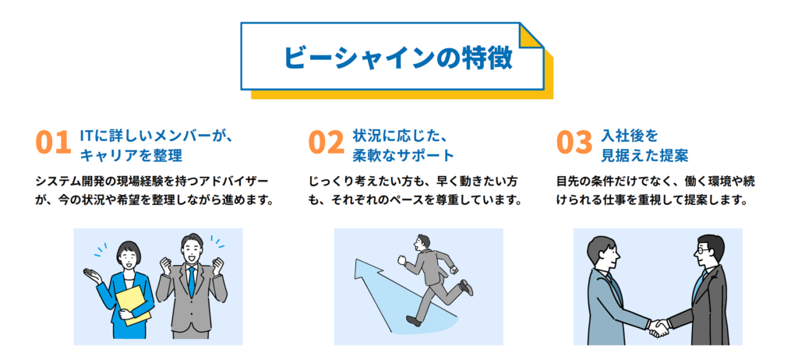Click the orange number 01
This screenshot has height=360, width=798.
tap(53, 143)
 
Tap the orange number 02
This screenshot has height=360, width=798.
tap(326, 143)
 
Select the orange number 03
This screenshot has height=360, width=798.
tap(575, 143)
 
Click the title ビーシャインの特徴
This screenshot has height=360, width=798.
tap(397, 58)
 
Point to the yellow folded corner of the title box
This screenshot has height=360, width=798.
tap(531, 37)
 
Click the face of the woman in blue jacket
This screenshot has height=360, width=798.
tap(128, 256)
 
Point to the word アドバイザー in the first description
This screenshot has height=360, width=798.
tap(233, 181)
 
